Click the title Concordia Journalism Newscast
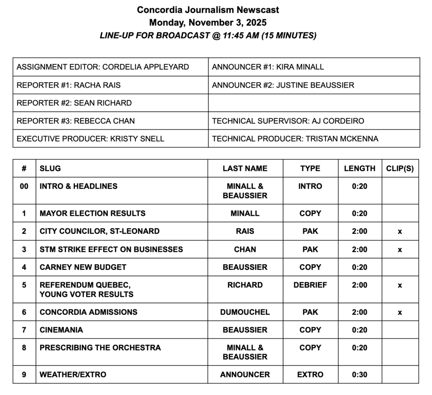(208, 10)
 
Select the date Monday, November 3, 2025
(208, 22)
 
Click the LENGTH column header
(359, 169)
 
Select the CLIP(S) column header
(400, 169)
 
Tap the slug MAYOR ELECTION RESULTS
(92, 213)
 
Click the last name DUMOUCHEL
(245, 312)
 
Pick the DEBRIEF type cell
(310, 285)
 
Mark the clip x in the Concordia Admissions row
(400, 312)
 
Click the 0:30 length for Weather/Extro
(359, 374)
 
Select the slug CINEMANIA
(61, 330)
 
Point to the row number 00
(24, 186)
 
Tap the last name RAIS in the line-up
(245, 231)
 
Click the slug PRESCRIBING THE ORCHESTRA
(100, 348)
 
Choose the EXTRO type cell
(310, 374)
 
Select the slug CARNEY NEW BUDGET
(83, 267)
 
